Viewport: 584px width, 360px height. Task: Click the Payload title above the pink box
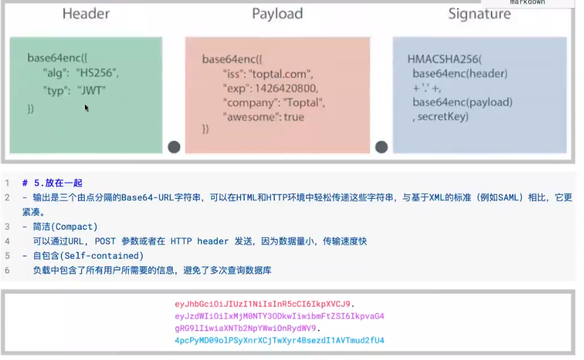pyautogui.click(x=277, y=14)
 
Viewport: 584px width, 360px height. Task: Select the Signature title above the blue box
pyautogui.click(x=479, y=14)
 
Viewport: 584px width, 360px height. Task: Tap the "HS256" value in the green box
pyautogui.click(x=97, y=73)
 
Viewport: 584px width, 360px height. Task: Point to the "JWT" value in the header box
pyautogui.click(x=91, y=90)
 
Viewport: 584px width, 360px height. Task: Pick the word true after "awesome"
pyautogui.click(x=294, y=116)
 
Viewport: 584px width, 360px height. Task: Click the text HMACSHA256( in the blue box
pyautogui.click(x=445, y=60)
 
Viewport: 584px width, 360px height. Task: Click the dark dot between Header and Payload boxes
pyautogui.click(x=174, y=147)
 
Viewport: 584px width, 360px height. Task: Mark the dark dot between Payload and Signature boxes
pyautogui.click(x=381, y=147)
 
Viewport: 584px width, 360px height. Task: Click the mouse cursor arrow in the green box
pyautogui.click(x=87, y=108)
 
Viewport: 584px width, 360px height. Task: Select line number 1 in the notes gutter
pyautogui.click(x=7, y=183)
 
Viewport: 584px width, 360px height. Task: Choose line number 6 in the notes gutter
pyautogui.click(x=7, y=270)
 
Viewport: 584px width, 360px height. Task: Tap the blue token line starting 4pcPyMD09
pyautogui.click(x=280, y=340)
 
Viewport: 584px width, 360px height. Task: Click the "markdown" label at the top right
pyautogui.click(x=527, y=2)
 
